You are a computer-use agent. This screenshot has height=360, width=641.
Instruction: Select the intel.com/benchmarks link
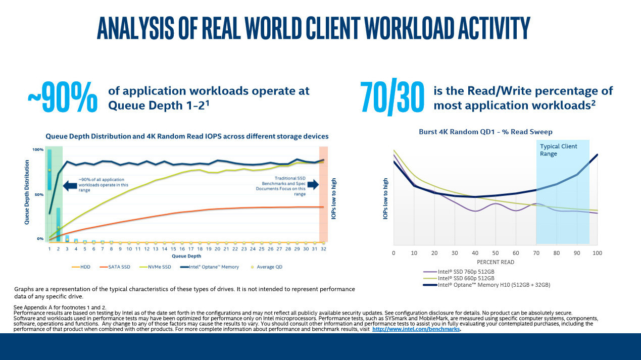click(x=416, y=329)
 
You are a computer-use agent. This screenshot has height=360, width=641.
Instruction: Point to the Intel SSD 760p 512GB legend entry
click(x=466, y=272)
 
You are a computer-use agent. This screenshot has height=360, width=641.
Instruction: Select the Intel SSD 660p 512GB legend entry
click(x=466, y=278)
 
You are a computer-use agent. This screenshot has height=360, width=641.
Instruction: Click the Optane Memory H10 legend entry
click(x=494, y=285)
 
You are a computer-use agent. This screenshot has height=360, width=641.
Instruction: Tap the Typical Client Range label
click(x=558, y=150)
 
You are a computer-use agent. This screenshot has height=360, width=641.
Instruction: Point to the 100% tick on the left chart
click(x=38, y=150)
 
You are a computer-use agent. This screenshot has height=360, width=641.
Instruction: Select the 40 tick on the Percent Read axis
click(x=475, y=252)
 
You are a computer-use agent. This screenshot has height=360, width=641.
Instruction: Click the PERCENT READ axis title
click(x=496, y=262)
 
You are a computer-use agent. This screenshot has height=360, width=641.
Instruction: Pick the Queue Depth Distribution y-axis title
click(x=27, y=192)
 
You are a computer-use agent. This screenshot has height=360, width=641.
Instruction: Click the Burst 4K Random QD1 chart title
click(x=485, y=132)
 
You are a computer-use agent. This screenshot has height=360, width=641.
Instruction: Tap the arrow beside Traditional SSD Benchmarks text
click(x=313, y=185)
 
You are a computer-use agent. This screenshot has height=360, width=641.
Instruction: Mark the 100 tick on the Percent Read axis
click(x=597, y=252)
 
